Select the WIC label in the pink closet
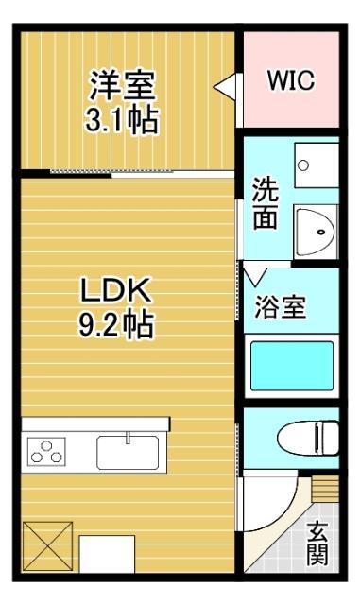(x=289, y=80)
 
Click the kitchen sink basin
(x=129, y=451)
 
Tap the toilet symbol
(x=307, y=437)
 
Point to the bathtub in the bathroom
(x=291, y=367)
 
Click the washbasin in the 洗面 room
(x=316, y=228)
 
